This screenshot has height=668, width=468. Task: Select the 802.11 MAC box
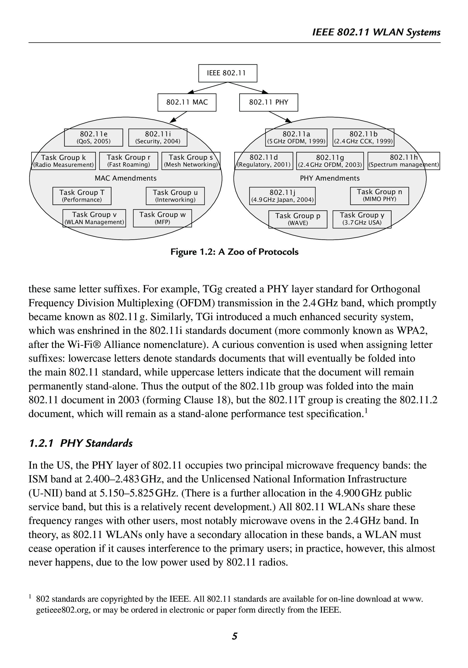click(x=187, y=102)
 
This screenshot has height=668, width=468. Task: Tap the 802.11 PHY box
click(x=268, y=102)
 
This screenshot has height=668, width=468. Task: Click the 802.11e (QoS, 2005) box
click(x=94, y=137)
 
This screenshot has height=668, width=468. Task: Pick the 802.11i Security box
click(x=158, y=137)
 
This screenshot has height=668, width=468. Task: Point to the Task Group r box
click(x=129, y=161)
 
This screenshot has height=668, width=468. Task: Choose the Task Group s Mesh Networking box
click(x=191, y=161)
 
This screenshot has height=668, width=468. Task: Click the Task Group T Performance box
click(x=82, y=196)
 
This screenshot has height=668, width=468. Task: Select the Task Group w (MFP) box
click(x=162, y=218)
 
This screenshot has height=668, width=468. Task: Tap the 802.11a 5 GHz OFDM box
click(x=296, y=137)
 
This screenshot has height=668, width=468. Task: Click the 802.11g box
click(x=330, y=161)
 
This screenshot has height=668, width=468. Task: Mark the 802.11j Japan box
click(x=282, y=196)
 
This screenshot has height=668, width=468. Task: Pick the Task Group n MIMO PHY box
click(x=379, y=196)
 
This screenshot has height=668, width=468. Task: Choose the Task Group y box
click(x=362, y=219)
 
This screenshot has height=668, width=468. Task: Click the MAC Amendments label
click(x=126, y=178)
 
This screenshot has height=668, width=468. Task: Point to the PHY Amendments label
click(x=330, y=178)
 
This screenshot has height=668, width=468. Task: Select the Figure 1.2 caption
click(x=234, y=252)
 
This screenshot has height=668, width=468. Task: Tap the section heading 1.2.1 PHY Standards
click(x=81, y=443)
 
